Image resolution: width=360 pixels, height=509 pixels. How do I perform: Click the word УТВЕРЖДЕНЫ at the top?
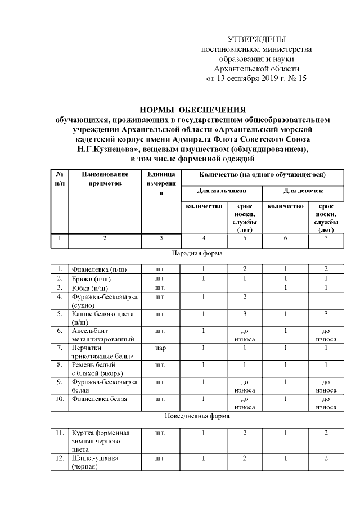point(256,39)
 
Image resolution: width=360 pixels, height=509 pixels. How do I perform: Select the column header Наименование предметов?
point(105,179)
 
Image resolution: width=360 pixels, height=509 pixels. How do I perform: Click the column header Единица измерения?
point(160,183)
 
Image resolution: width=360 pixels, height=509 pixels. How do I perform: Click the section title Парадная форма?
point(194,253)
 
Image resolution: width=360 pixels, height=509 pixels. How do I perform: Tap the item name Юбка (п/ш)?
point(89,289)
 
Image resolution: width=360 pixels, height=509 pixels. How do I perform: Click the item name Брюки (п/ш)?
point(91,278)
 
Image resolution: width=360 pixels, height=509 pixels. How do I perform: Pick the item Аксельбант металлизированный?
point(102,335)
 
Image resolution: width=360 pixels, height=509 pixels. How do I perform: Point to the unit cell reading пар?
point(160,348)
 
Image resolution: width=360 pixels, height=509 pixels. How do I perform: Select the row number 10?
point(58,399)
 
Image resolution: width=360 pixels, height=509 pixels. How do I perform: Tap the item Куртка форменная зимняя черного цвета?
point(100,441)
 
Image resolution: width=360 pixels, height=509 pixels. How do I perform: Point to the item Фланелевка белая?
point(98,399)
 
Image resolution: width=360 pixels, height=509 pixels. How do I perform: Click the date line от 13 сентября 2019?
point(256,78)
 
